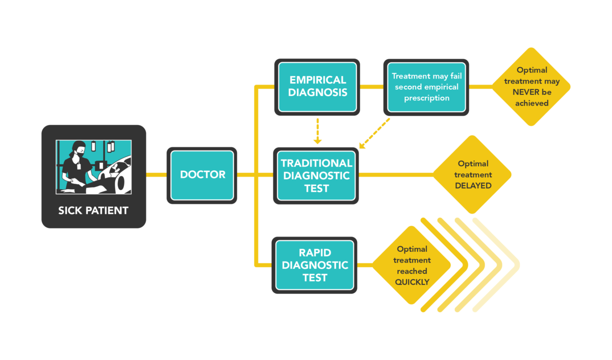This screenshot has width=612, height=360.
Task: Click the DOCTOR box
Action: (x=202, y=175)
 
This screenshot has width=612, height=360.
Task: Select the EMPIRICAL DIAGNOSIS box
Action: (x=317, y=87)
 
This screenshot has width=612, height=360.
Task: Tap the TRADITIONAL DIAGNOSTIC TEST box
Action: (x=316, y=175)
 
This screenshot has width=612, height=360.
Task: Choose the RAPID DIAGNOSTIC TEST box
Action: (x=315, y=265)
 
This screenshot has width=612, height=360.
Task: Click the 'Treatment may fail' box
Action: (x=426, y=87)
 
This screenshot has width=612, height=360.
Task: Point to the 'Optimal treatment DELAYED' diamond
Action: (x=473, y=174)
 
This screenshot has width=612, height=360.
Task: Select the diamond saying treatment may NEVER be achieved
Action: (x=531, y=87)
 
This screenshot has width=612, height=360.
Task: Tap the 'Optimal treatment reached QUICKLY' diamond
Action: (x=412, y=265)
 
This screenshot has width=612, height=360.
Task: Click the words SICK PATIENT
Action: (x=93, y=211)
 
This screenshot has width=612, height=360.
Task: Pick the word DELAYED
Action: (x=473, y=186)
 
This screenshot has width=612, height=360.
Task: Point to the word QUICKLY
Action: (x=412, y=281)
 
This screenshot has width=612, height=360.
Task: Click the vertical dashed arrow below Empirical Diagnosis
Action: (x=317, y=131)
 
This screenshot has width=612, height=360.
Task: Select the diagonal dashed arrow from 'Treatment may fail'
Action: (x=375, y=134)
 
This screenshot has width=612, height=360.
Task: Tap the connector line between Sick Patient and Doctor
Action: (x=157, y=175)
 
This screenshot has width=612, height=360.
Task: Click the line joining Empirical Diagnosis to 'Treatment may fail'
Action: (x=371, y=87)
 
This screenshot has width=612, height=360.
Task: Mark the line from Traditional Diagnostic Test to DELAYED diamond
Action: (x=395, y=175)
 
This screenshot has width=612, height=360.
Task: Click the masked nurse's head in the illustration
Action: (x=78, y=150)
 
